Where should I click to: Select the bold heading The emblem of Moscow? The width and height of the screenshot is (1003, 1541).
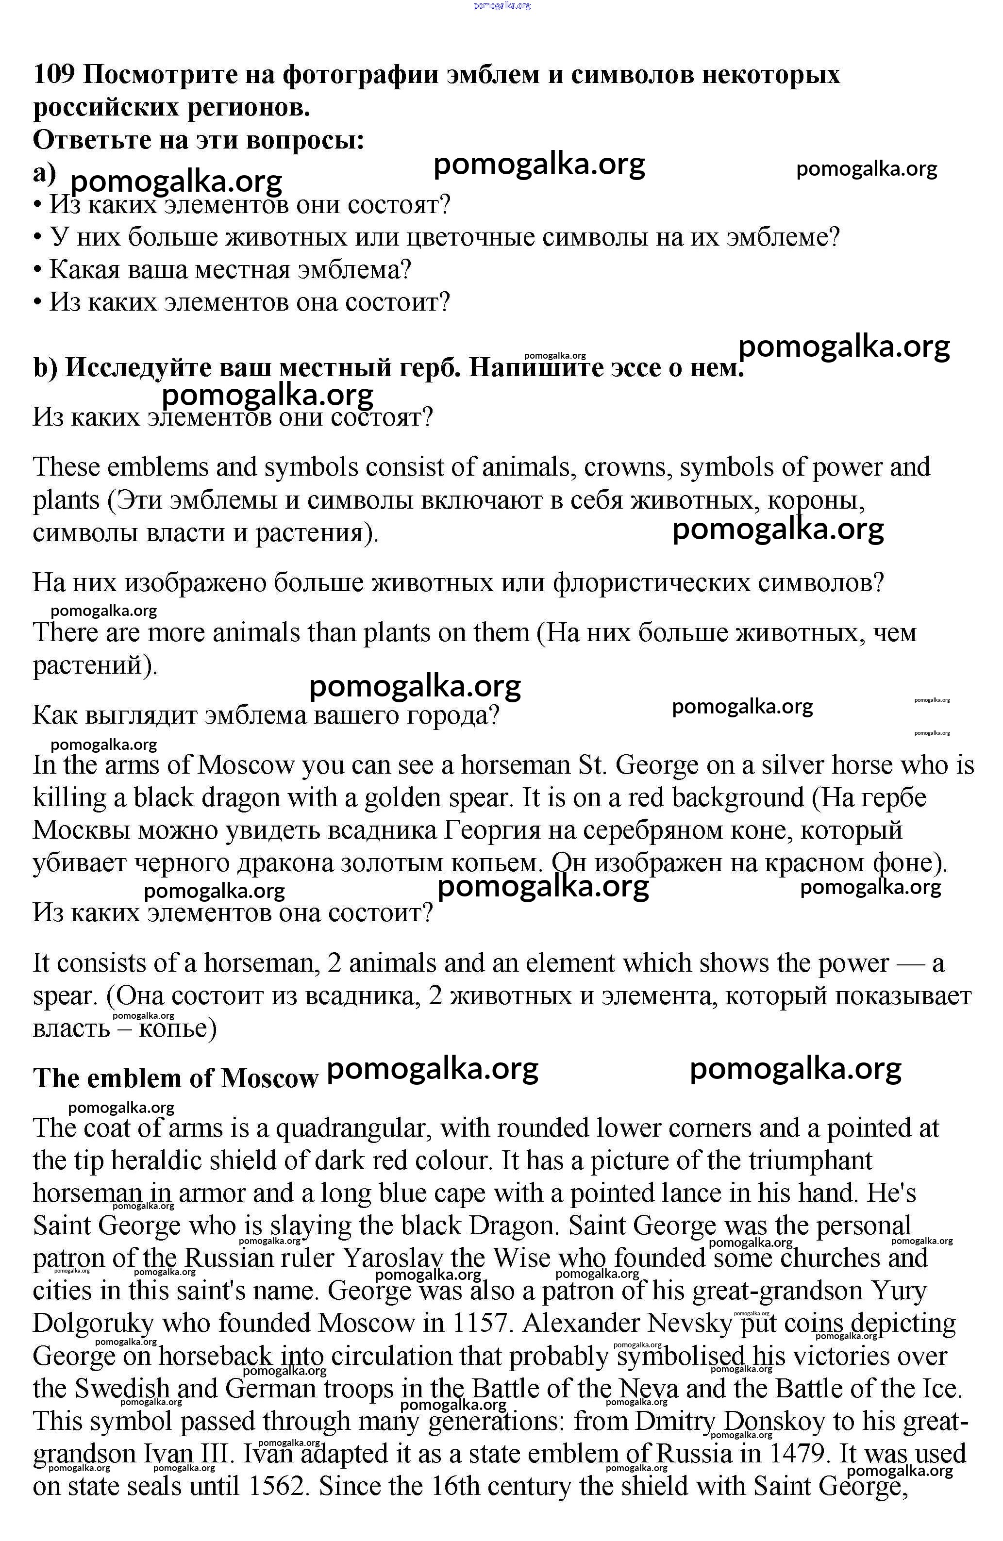coord(175,1078)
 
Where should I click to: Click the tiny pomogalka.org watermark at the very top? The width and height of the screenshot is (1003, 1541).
coord(502,5)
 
